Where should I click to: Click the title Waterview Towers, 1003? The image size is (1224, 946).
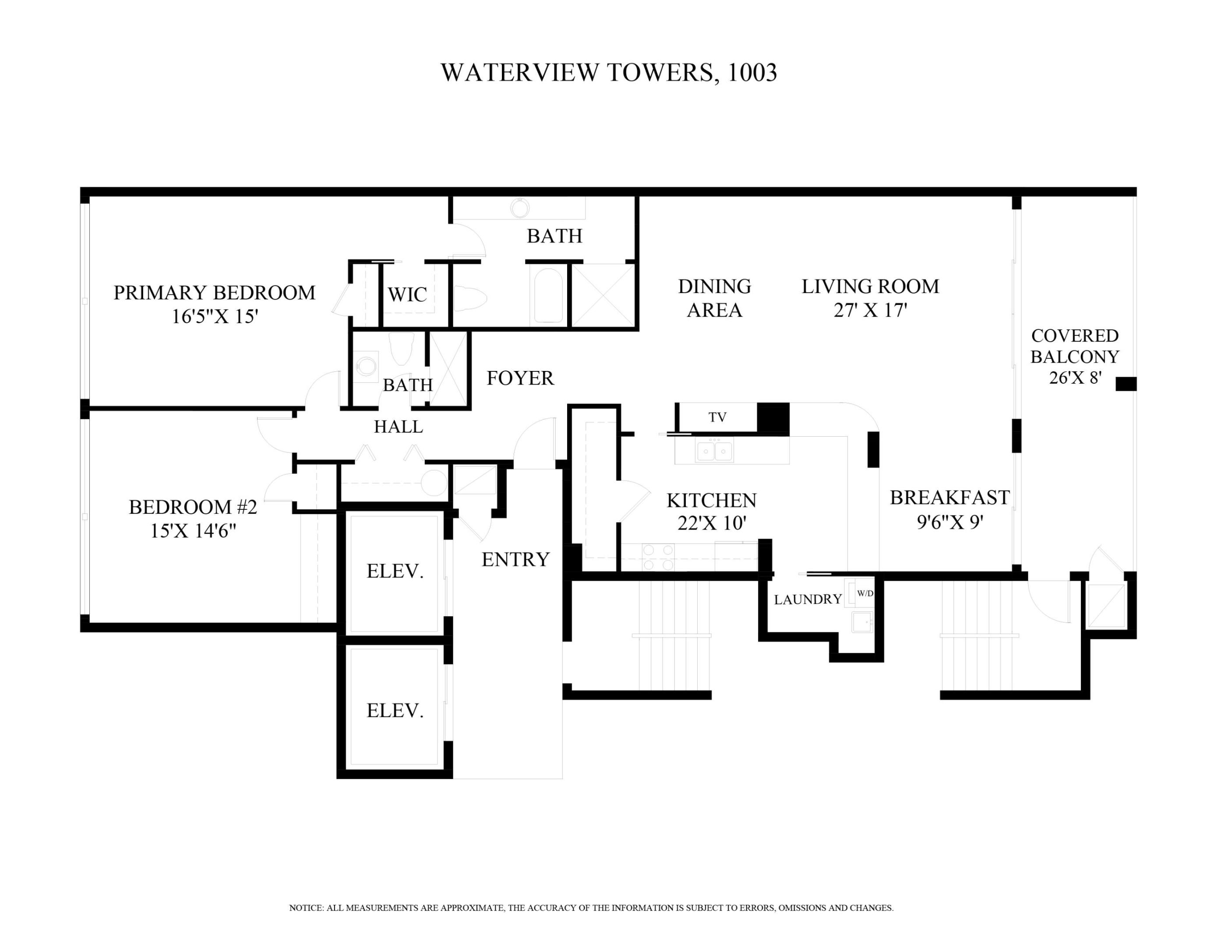(x=609, y=73)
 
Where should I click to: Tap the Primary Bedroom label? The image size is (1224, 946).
(x=214, y=293)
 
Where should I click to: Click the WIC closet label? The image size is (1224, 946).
(x=407, y=294)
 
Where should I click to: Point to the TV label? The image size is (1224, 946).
(x=717, y=417)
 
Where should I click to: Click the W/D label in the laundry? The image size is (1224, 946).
(x=865, y=593)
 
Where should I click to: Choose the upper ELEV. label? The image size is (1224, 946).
(x=395, y=571)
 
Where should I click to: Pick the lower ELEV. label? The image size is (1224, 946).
(x=395, y=711)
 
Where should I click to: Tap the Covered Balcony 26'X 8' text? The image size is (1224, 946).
(x=1075, y=357)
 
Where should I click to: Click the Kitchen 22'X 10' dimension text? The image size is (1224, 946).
(x=712, y=523)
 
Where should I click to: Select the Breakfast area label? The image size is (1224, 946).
(x=949, y=497)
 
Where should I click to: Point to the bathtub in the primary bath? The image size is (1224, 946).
(x=548, y=295)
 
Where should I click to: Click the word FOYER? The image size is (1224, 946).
(x=520, y=378)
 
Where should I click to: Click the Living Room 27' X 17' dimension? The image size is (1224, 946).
(x=870, y=310)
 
